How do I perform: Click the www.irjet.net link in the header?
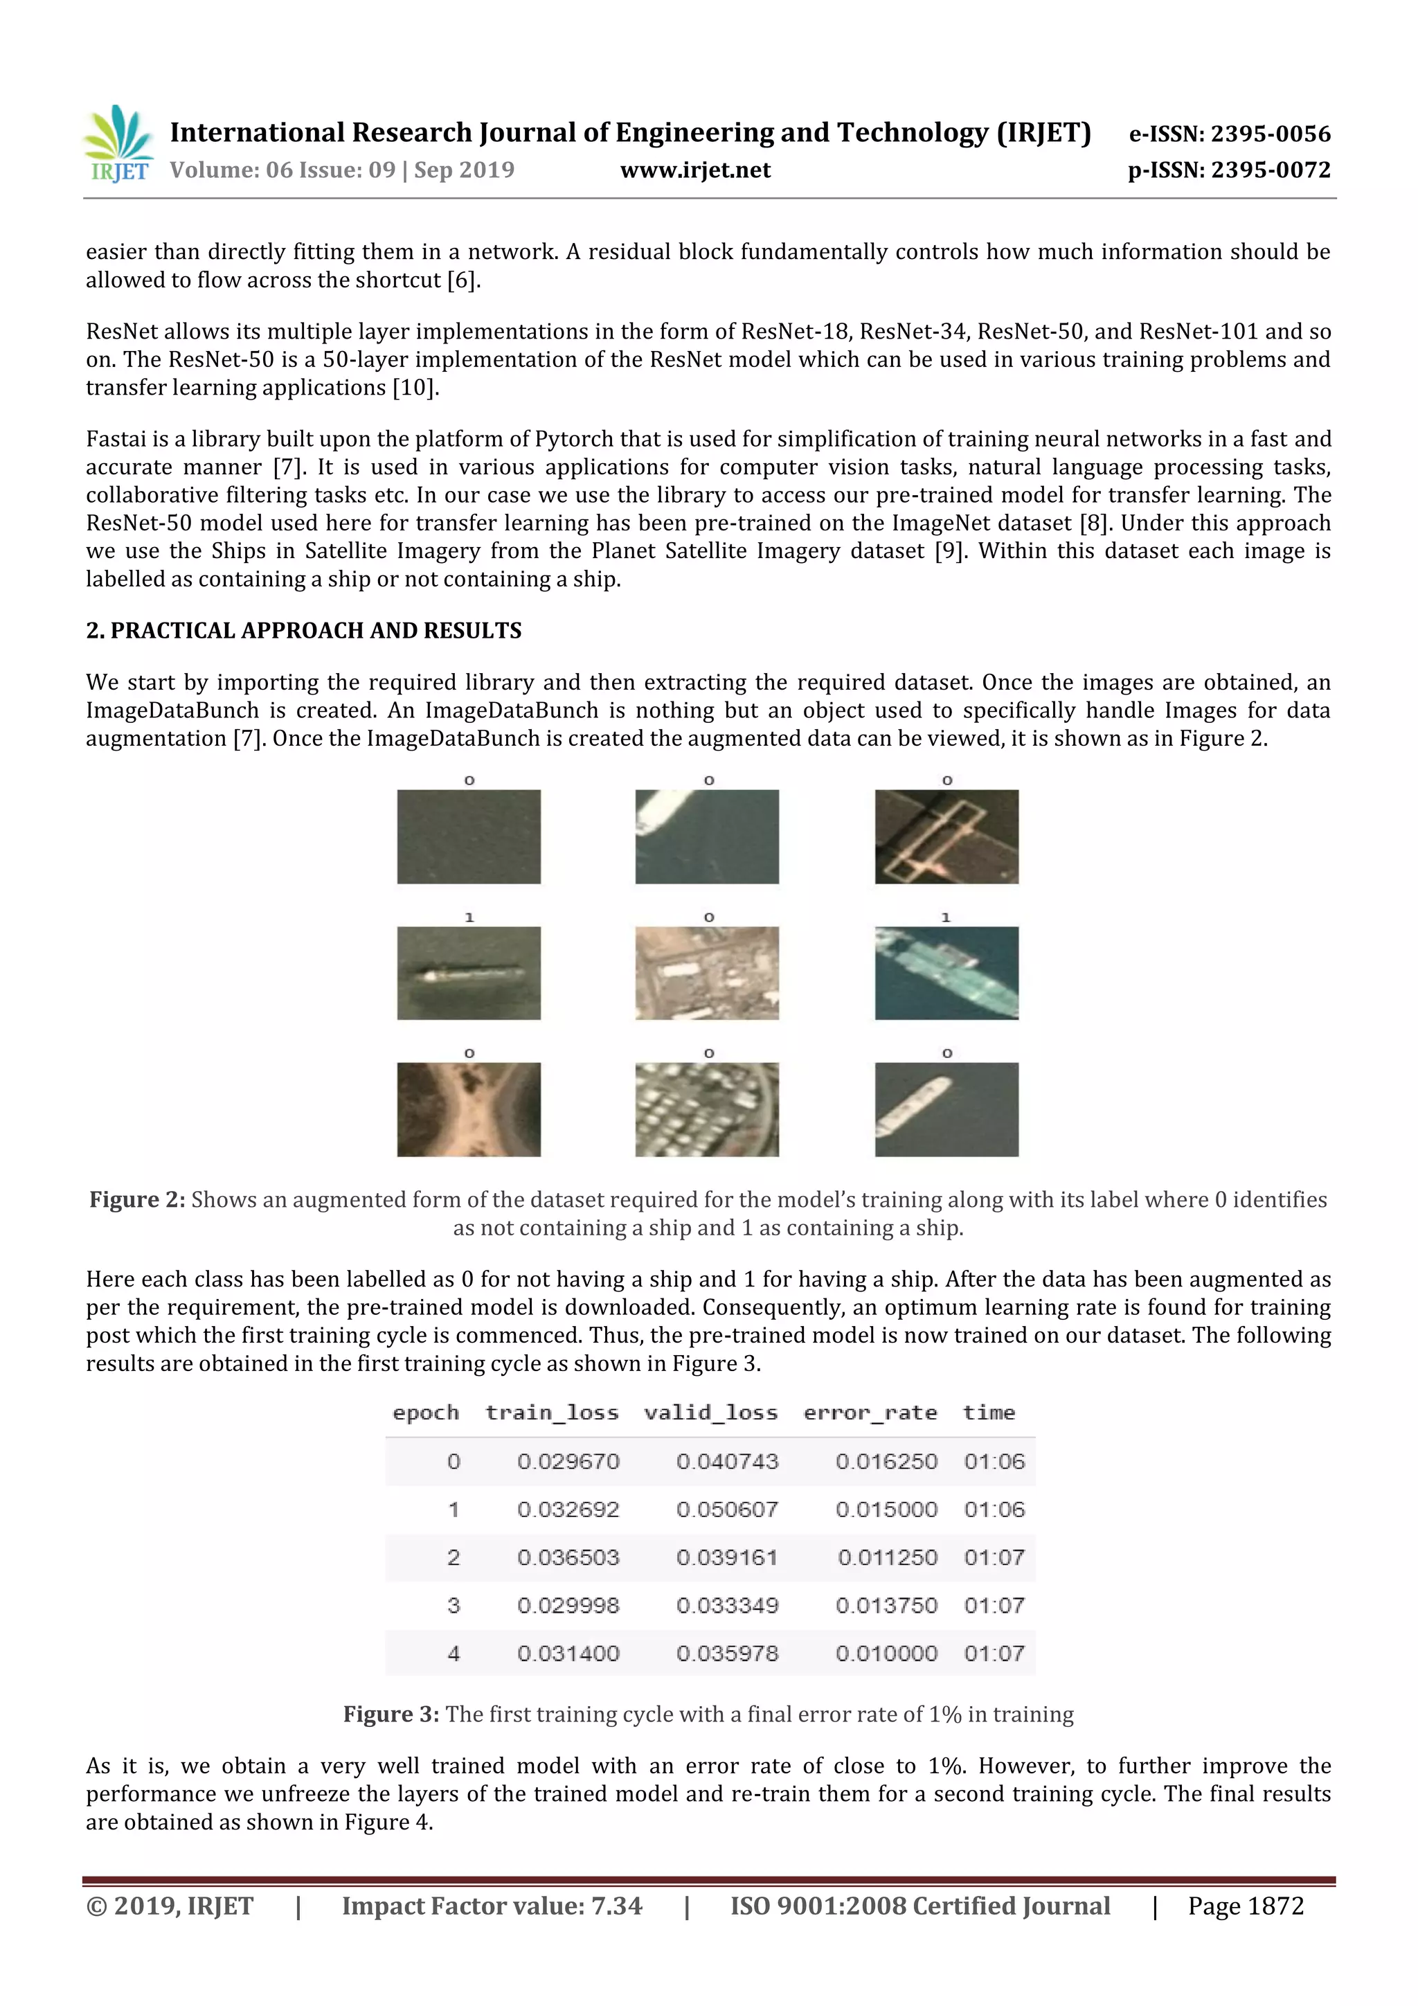[x=694, y=170]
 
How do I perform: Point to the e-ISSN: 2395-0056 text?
[x=1229, y=134]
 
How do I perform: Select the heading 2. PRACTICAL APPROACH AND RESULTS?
[x=303, y=631]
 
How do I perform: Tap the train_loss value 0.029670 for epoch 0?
[x=568, y=1462]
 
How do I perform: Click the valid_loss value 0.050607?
[x=727, y=1510]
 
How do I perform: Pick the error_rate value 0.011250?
[x=887, y=1558]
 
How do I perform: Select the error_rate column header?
[x=870, y=1413]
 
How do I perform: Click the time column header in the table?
[x=989, y=1413]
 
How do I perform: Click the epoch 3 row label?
[x=454, y=1605]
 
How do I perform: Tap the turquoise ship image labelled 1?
[x=946, y=974]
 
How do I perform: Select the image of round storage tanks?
[x=707, y=1109]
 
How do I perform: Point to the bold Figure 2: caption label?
[x=137, y=1199]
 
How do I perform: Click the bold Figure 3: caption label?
[x=391, y=1714]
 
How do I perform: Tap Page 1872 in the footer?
[x=1245, y=1906]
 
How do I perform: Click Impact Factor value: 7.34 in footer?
[x=492, y=1906]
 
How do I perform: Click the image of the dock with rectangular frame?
[x=946, y=837]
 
